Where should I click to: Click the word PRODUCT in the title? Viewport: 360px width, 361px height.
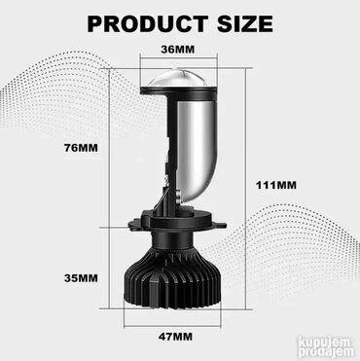148,24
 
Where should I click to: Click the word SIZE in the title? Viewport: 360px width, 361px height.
245,24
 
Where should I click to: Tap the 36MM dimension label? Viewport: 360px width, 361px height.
178,50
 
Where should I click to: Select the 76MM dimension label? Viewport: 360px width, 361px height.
81,148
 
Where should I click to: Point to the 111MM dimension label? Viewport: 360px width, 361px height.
276,185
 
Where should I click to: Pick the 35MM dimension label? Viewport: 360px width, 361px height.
81,278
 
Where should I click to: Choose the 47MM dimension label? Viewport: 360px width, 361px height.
175,337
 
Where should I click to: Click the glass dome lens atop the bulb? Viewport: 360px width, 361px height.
178,78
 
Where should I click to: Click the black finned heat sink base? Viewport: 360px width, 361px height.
172,280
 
